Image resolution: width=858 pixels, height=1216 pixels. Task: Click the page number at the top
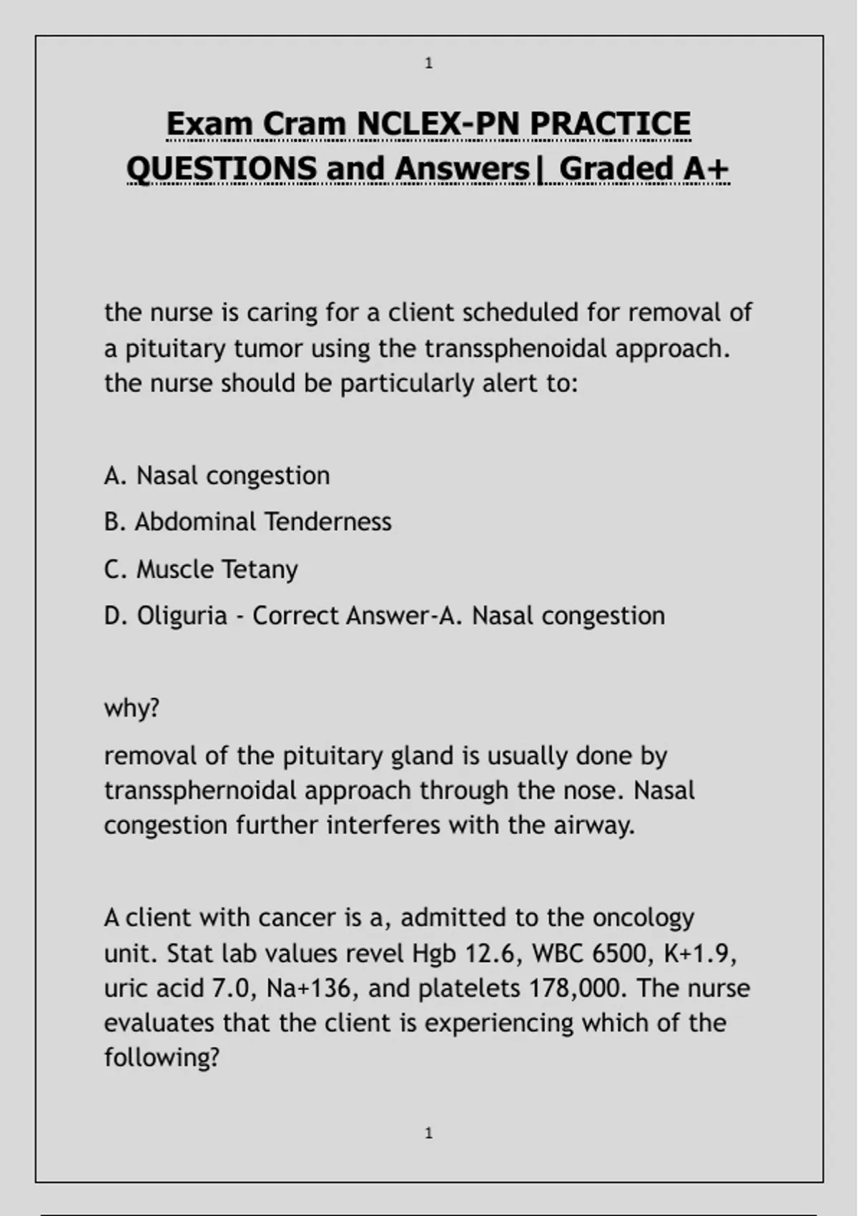tap(428, 64)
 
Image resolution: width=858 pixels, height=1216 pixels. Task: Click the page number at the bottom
tap(428, 1133)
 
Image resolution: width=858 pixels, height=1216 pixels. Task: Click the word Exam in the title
tap(209, 124)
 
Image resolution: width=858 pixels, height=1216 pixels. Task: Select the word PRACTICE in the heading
tap(610, 124)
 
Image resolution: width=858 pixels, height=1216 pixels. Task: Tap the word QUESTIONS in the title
tap(221, 169)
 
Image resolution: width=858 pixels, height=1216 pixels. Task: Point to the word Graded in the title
tap(616, 169)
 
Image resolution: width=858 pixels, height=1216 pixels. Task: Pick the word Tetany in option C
tap(259, 569)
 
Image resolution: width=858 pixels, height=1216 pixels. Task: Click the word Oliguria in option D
tap(182, 615)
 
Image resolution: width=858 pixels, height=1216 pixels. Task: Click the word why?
tap(132, 708)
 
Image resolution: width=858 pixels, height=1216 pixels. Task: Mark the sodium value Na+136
tap(308, 989)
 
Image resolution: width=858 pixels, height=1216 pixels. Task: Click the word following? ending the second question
tap(161, 1057)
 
